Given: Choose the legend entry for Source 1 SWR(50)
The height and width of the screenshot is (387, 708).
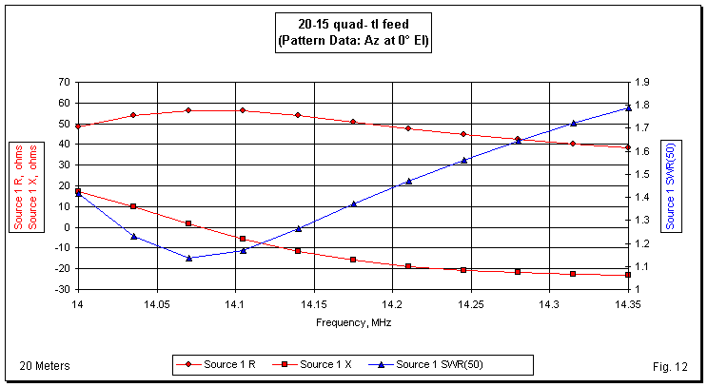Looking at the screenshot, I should point(447,365).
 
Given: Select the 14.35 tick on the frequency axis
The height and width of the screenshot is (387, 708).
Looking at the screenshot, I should point(628,305).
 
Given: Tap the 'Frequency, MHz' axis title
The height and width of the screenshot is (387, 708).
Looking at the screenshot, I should point(353,322).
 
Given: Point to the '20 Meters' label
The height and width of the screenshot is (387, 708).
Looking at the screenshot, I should point(44,366).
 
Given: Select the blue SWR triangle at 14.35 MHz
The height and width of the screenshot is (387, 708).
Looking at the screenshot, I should point(628,107).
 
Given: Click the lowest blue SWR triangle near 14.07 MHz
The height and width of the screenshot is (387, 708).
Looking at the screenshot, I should point(188,258).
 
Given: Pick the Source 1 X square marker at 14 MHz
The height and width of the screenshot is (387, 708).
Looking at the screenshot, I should point(78,191).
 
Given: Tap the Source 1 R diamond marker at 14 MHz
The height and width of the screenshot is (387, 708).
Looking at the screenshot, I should point(78,126).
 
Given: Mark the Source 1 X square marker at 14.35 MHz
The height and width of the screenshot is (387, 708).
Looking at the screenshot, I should point(628,275).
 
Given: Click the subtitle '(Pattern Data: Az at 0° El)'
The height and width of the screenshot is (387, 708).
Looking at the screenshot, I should point(353,43).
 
